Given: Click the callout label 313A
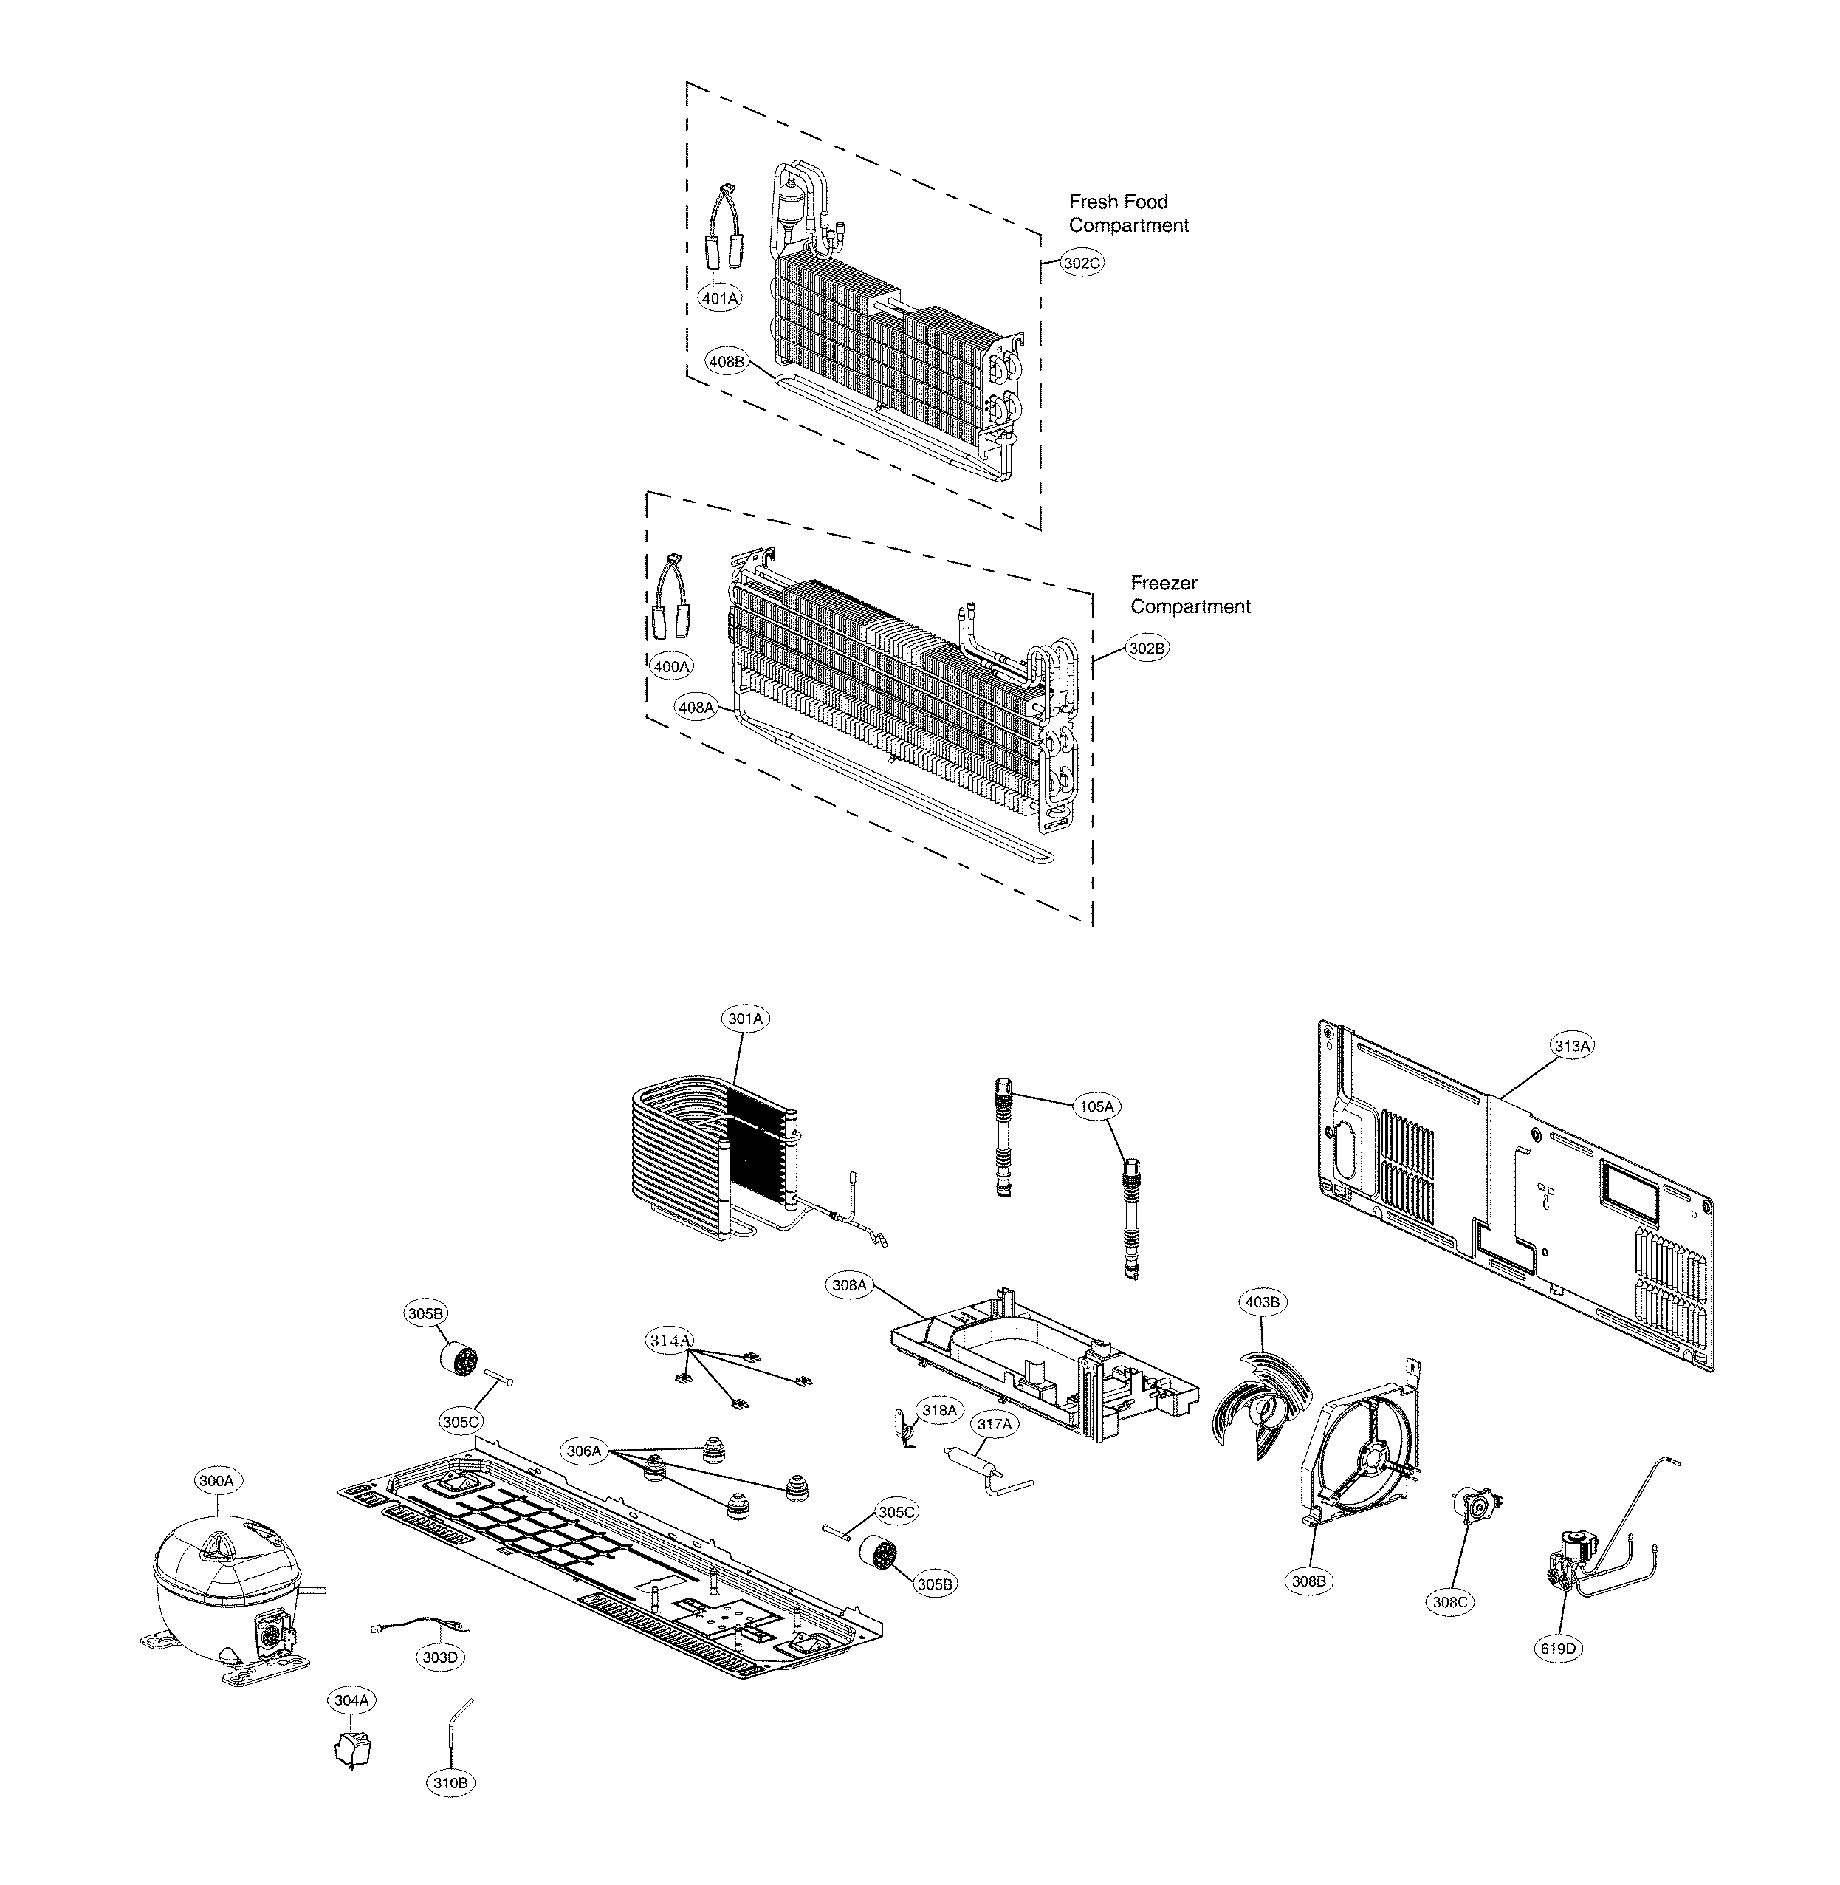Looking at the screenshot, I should [x=1571, y=1045].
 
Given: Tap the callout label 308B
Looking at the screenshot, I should [x=1308, y=1581].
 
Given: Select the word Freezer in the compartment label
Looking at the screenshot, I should [x=1164, y=583].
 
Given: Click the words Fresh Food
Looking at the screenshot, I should [x=1118, y=201].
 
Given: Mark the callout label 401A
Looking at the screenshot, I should [x=720, y=298].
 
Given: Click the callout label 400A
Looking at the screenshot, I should [x=670, y=666].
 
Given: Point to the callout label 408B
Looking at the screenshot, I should [x=727, y=361].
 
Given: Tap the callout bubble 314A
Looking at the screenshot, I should [x=670, y=1340].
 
